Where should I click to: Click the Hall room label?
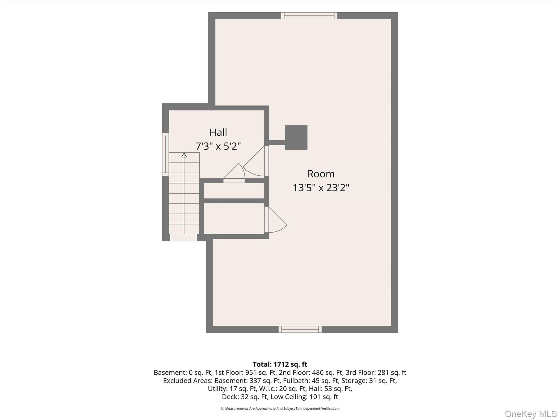tap(218, 132)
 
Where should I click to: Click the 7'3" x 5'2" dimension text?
tap(218, 146)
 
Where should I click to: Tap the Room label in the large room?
tap(321, 174)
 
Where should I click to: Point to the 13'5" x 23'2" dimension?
tap(321, 188)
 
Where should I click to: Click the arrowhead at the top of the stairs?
tap(184, 155)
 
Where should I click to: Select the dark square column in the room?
tap(296, 138)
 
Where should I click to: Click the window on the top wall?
tap(309, 16)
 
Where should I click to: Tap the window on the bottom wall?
tap(300, 329)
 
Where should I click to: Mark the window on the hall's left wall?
tap(165, 154)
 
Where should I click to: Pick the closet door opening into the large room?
tap(276, 220)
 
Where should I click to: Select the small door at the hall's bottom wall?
tap(234, 173)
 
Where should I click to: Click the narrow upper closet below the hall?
tap(234, 191)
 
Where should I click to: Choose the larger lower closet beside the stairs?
tap(234, 219)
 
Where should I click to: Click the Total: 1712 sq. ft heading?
tap(280, 364)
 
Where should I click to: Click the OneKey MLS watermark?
tap(531, 414)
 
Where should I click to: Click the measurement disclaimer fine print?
tap(280, 409)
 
